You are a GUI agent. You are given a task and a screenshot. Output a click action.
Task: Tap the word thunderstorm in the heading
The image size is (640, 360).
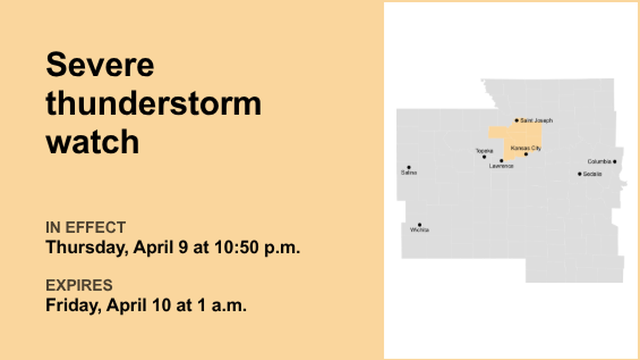tap(153, 103)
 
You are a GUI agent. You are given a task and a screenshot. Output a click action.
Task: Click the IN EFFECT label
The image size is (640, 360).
tap(85, 227)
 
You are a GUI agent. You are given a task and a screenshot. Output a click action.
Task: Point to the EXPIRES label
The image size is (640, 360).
tap(79, 285)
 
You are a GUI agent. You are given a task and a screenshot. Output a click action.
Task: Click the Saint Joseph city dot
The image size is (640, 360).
tap(517, 120)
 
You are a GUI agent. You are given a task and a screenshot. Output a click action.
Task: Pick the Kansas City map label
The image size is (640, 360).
tap(526, 148)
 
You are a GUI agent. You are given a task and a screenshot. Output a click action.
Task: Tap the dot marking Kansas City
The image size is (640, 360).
tap(526, 154)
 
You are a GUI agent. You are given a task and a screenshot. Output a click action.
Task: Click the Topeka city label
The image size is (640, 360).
tap(484, 151)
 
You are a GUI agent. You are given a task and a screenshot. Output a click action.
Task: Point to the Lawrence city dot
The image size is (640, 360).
tap(501, 161)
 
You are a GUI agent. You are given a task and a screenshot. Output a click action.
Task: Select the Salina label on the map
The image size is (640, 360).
tap(409, 173)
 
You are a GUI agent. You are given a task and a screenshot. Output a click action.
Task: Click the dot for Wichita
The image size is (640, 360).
tap(419, 225)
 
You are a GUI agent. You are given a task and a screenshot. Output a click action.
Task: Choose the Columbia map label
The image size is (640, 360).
tap(599, 162)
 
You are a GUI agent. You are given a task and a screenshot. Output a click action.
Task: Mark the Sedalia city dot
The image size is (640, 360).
tap(579, 174)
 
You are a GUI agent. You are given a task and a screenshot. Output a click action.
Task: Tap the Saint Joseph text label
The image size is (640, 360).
tap(536, 121)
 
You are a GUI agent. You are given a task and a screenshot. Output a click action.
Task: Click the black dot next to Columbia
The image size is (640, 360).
tap(615, 162)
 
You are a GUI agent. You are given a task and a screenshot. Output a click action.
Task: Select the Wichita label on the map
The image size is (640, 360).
tap(419, 230)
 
